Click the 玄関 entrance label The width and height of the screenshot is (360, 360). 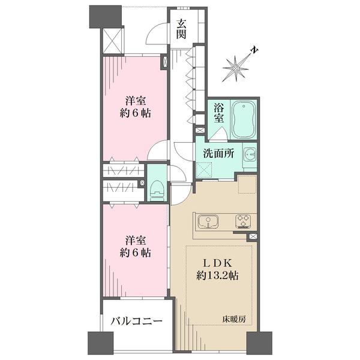[181, 28]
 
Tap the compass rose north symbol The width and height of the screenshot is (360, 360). [238, 68]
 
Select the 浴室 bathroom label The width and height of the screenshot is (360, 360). [219, 112]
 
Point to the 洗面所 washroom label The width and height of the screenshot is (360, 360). [217, 154]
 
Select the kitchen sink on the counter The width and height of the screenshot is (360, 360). [208, 222]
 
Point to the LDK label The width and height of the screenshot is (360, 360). [217, 262]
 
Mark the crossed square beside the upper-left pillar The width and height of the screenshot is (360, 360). [112, 40]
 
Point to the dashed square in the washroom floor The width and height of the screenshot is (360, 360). [208, 171]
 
